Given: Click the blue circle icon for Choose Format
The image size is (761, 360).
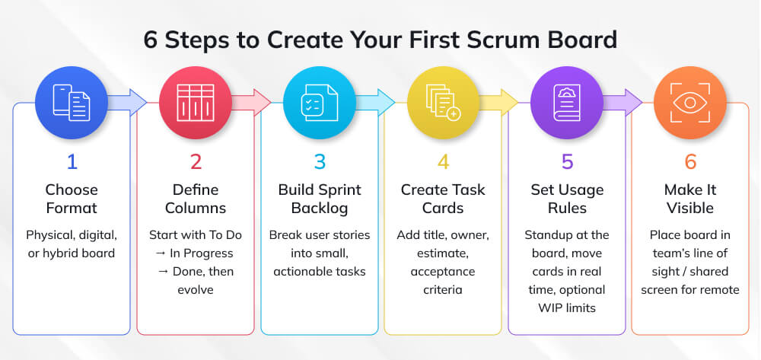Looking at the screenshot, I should pyautogui.click(x=72, y=102).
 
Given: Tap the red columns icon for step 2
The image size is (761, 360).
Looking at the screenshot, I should pyautogui.click(x=195, y=102).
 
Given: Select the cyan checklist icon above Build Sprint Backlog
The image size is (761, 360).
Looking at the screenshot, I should pyautogui.click(x=320, y=102).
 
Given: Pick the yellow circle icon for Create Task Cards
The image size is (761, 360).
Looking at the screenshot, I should pyautogui.click(x=443, y=102).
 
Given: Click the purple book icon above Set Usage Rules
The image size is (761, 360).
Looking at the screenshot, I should pyautogui.click(x=566, y=102).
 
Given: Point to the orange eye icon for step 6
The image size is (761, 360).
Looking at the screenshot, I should pyautogui.click(x=689, y=102).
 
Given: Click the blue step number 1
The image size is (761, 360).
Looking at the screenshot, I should pyautogui.click(x=72, y=162).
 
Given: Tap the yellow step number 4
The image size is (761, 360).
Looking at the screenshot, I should pyautogui.click(x=443, y=162).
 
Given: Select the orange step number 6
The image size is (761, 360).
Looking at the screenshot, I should pyautogui.click(x=689, y=162).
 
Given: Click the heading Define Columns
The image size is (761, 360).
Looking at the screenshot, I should pyautogui.click(x=196, y=199).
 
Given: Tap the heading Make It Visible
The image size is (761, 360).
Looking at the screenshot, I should pyautogui.click(x=689, y=199).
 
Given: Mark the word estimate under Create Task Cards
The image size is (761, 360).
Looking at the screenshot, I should pyautogui.click(x=443, y=253).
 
